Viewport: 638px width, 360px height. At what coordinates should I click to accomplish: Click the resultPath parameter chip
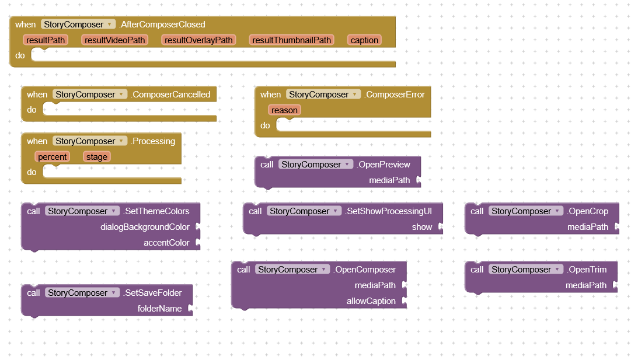point(46,40)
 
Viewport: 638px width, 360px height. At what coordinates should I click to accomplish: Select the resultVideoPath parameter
point(115,40)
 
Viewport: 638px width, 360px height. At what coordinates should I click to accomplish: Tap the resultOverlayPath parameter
point(198,40)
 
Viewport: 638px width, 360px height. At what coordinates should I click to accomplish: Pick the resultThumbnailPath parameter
point(291,40)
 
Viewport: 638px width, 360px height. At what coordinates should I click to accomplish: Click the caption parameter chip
point(364,40)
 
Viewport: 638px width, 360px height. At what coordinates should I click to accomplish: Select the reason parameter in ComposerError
point(284,110)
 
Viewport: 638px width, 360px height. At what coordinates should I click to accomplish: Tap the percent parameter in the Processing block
point(53,157)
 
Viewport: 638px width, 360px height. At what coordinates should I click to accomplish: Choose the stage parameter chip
point(97,157)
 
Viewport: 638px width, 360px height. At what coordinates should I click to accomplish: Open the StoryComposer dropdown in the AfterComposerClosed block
point(78,25)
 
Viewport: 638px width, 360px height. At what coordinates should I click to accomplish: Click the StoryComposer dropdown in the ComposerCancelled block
point(90,95)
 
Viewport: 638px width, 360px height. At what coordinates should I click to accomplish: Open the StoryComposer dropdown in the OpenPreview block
point(316,165)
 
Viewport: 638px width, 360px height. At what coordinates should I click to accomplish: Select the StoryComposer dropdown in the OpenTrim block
point(526,270)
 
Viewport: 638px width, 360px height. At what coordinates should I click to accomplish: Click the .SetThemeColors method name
point(156,211)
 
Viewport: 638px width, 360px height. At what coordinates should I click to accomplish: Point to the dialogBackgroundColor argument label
point(145,227)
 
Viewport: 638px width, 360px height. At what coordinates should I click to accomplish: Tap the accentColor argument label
point(166,243)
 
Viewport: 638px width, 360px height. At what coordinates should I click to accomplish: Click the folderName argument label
point(159,309)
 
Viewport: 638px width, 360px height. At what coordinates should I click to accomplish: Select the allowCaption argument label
point(371,301)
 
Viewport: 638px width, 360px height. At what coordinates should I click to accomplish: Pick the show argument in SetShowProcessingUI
point(422,227)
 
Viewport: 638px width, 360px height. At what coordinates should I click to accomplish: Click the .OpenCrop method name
point(588,211)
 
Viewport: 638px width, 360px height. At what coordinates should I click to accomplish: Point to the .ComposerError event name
point(394,95)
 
